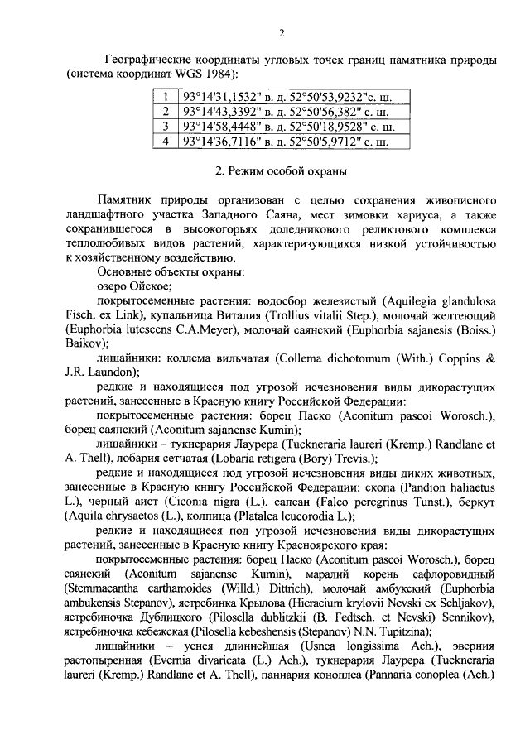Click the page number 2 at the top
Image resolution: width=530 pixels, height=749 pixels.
(282, 33)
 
